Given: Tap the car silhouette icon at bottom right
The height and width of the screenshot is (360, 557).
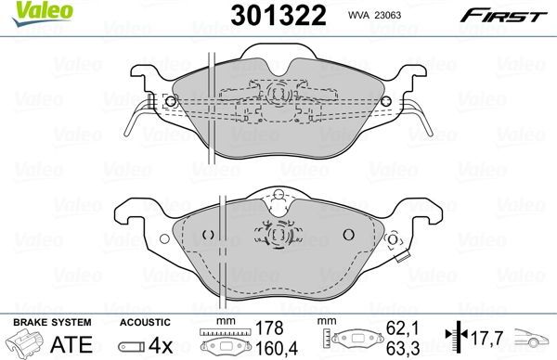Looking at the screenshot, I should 537,341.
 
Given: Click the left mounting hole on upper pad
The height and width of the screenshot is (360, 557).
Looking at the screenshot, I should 168,102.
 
